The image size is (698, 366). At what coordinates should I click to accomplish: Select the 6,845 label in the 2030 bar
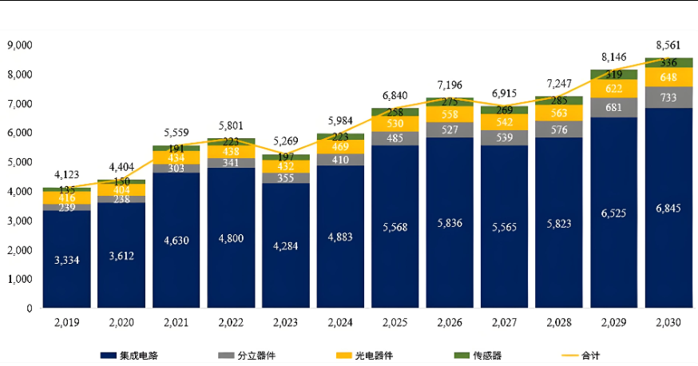668,208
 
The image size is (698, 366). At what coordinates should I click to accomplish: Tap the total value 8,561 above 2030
668,45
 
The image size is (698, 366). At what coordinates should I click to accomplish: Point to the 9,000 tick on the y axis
18,45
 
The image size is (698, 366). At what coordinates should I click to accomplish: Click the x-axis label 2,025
395,322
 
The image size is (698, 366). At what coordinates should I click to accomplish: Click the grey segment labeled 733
668,97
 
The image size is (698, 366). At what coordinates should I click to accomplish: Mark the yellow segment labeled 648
668,77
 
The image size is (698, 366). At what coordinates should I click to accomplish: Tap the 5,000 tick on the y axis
18,162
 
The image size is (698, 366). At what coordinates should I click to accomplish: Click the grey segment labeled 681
614,108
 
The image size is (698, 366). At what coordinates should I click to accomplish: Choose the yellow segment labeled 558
450,114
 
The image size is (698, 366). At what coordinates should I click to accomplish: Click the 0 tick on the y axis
29,308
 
